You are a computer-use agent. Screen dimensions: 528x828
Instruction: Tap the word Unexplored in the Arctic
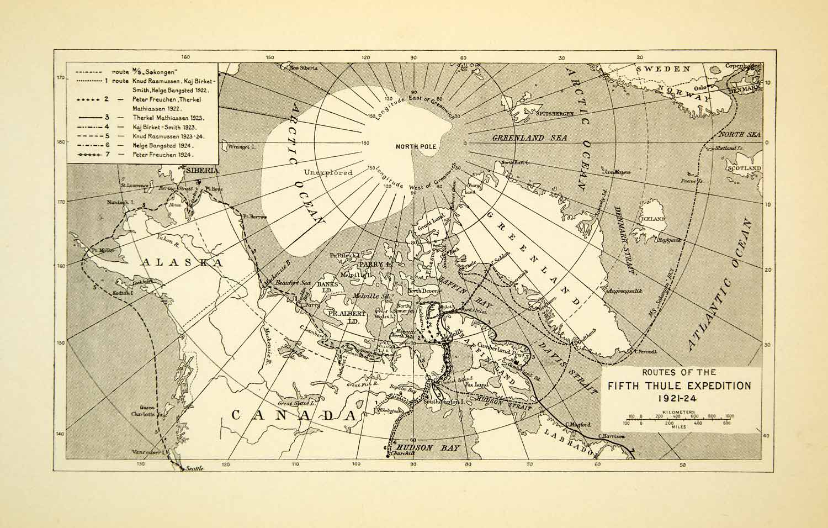[328, 172]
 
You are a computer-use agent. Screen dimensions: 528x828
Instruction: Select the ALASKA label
[182, 262]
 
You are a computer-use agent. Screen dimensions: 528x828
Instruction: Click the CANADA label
[292, 415]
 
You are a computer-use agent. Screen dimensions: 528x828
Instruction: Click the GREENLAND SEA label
[518, 138]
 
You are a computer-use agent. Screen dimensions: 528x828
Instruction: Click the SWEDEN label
[663, 69]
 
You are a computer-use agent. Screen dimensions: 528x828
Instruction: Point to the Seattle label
[194, 468]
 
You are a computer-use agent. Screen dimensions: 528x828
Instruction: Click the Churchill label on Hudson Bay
[401, 454]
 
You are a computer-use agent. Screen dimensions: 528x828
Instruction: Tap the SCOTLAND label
[744, 168]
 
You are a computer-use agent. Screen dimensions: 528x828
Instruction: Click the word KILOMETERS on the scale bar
[679, 412]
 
